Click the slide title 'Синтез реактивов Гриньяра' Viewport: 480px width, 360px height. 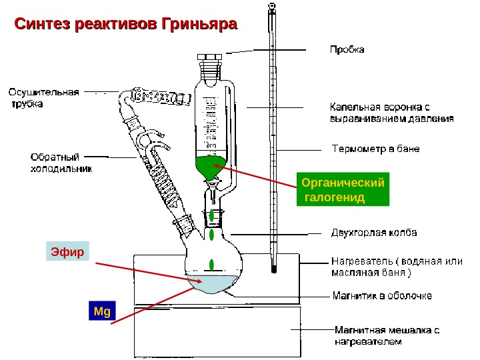pos(126,25)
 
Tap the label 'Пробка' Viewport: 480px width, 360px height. pos(347,50)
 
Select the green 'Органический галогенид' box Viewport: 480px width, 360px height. pos(344,190)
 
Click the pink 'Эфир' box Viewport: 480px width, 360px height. pos(67,253)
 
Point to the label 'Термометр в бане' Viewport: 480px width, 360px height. pos(375,149)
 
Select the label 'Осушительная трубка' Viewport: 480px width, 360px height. pos(44,98)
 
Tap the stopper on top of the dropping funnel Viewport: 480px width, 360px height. pos(213,60)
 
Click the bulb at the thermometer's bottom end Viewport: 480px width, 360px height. pos(273,269)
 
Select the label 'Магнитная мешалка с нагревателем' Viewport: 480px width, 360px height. pos(387,335)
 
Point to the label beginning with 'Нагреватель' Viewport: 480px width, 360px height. pos(396,267)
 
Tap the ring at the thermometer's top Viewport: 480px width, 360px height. pos(273,6)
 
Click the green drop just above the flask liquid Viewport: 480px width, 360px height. pos(211,263)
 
